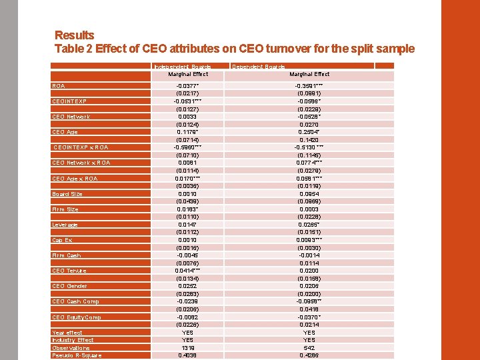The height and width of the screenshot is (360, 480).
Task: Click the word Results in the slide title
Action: [74, 35]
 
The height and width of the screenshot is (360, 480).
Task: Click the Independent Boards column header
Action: [182, 67]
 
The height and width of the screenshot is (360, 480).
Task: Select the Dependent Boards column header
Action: [258, 67]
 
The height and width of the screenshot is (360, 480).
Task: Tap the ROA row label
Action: [59, 86]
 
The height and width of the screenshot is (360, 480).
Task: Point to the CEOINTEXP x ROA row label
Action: [80, 147]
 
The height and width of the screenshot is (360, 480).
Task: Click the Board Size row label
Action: [67, 194]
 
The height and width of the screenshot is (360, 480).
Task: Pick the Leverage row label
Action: [65, 225]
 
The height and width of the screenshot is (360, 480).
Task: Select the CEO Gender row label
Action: [69, 286]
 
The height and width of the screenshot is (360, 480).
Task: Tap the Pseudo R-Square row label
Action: [76, 355]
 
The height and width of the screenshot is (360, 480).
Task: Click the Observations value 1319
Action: [187, 347]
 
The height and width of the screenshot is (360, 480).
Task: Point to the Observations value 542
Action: [309, 347]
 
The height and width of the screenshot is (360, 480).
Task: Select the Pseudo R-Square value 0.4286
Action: [309, 355]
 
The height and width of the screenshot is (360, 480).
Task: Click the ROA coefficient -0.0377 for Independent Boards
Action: [187, 86]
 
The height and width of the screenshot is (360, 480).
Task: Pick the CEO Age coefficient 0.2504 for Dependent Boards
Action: [309, 132]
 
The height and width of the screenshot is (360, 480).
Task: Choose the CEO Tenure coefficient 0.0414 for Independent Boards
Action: [187, 271]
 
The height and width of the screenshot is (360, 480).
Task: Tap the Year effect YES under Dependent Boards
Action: [309, 332]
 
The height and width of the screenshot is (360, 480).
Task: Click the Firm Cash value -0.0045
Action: [187, 255]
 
